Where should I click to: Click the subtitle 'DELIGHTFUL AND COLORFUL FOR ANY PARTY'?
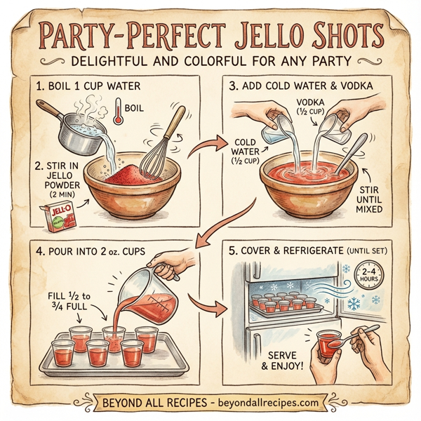click(x=210, y=62)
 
